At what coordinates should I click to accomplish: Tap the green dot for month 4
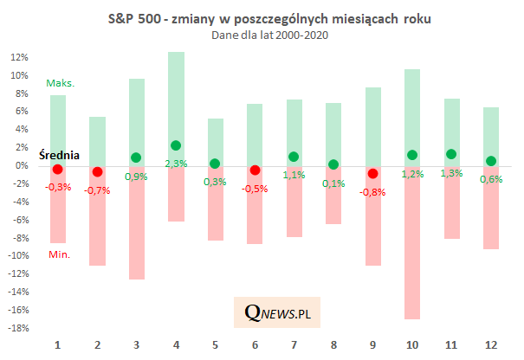[x=176, y=145]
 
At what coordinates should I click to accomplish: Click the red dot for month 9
[x=373, y=173]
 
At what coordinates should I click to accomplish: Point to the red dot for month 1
[x=58, y=169]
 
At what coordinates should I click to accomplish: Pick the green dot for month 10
[x=413, y=155]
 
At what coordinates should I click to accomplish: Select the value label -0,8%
[x=373, y=191]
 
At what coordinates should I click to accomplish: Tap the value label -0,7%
[x=98, y=190]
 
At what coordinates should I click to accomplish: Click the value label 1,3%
[x=452, y=173]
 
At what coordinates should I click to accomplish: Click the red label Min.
[x=59, y=254]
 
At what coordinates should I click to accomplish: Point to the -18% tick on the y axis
[x=18, y=328]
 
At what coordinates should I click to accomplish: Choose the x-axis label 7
[x=294, y=345]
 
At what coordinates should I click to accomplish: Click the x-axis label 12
[x=491, y=345]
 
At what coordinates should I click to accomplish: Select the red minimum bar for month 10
[x=413, y=251]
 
